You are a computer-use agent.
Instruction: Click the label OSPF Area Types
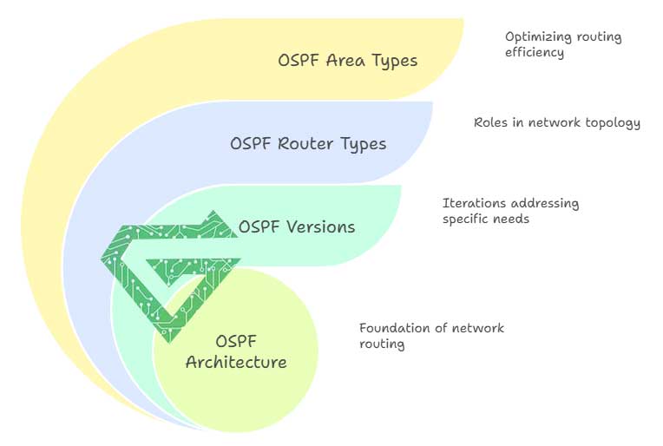point(347,61)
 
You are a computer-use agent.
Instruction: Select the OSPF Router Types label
point(308,143)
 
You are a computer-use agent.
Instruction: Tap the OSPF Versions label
point(296,226)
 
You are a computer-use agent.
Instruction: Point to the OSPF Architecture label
point(236,351)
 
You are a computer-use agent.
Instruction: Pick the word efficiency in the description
point(535,52)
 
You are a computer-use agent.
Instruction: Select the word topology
point(613,123)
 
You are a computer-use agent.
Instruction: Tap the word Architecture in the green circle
point(236,362)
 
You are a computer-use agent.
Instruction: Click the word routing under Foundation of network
point(382,344)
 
